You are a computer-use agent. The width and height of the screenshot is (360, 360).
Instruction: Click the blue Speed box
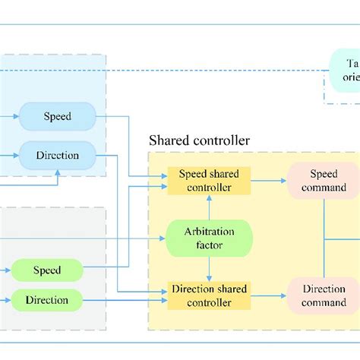[x=58, y=117]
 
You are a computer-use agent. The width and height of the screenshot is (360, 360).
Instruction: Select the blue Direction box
[x=58, y=155]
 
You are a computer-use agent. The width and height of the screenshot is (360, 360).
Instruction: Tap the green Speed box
[x=47, y=270]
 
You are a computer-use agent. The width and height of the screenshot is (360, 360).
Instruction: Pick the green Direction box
[x=47, y=300]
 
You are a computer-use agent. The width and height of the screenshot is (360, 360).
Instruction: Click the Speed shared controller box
[x=209, y=180]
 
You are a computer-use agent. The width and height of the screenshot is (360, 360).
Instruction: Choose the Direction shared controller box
[x=209, y=296]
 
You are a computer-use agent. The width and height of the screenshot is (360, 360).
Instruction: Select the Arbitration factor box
[x=209, y=238]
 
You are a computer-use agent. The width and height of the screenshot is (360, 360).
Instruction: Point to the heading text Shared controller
[x=199, y=141]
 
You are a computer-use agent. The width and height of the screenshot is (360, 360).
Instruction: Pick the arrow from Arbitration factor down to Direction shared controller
[x=209, y=268]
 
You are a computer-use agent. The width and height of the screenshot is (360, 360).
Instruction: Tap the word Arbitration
[x=209, y=232]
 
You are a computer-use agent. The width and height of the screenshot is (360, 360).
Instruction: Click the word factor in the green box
[x=209, y=245]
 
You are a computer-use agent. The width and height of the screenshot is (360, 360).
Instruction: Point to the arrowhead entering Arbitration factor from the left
[x=162, y=238]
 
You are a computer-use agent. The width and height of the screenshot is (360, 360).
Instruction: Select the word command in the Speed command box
[x=324, y=187]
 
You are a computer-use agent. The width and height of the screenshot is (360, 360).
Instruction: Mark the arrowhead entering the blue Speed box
[x=16, y=117]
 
